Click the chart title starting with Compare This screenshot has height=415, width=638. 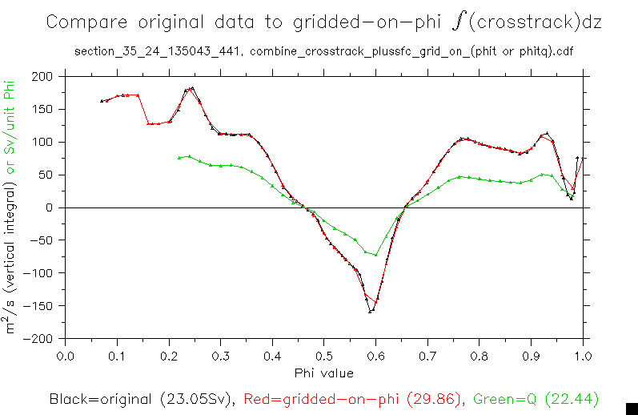coord(323,22)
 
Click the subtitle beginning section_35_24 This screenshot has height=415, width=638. coord(323,52)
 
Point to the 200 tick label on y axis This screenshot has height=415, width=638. coord(44,76)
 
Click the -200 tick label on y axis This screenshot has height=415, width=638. coord(42,338)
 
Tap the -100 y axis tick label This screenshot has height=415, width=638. coord(42,273)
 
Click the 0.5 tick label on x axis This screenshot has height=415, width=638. coord(324,355)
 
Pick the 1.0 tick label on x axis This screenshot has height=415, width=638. coord(583,355)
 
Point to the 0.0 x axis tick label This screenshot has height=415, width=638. coord(66,355)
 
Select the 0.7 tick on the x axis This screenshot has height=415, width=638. coord(427,355)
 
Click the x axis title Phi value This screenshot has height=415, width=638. coord(323,373)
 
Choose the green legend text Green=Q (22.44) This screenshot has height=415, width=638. coord(536,399)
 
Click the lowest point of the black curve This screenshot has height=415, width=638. coord(370,311)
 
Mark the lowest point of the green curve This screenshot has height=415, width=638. coord(375,256)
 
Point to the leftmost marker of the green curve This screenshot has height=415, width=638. coord(179,158)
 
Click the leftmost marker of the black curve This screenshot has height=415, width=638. coord(102,101)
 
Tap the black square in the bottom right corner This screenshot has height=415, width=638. coord(631,408)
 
